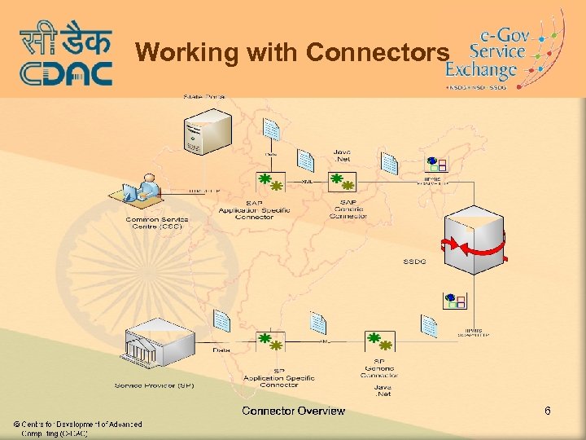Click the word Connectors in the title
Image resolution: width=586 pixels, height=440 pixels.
[x=377, y=53]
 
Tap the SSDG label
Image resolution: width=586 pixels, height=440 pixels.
[x=415, y=262]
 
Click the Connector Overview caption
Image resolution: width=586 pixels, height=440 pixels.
[x=293, y=411]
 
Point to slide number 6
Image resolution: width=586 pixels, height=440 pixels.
[x=548, y=411]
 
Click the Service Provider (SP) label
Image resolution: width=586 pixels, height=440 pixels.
[x=155, y=385]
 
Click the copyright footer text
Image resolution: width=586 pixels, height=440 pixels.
[x=77, y=429]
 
